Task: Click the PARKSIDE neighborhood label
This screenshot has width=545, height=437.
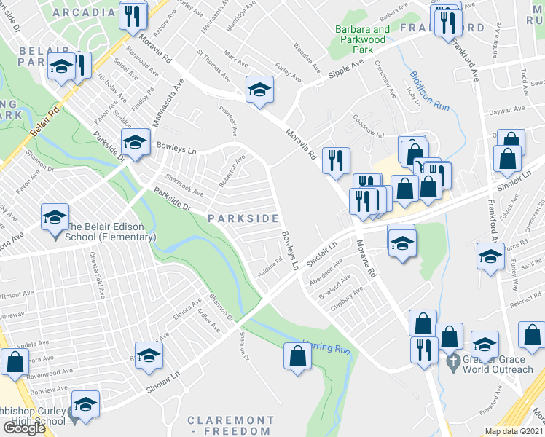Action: tap(243, 219)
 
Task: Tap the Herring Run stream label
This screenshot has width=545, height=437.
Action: tap(327, 347)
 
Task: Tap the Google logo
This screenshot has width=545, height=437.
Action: tap(23, 428)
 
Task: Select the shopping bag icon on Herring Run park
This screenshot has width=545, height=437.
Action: tap(297, 356)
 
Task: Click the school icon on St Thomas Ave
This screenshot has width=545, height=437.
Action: tap(258, 89)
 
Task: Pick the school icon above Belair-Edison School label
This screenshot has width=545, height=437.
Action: tap(55, 217)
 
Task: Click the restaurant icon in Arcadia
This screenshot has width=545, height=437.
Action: tap(132, 15)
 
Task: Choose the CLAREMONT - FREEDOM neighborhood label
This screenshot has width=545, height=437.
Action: tap(231, 426)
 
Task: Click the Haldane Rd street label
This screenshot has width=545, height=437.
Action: tap(270, 267)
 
